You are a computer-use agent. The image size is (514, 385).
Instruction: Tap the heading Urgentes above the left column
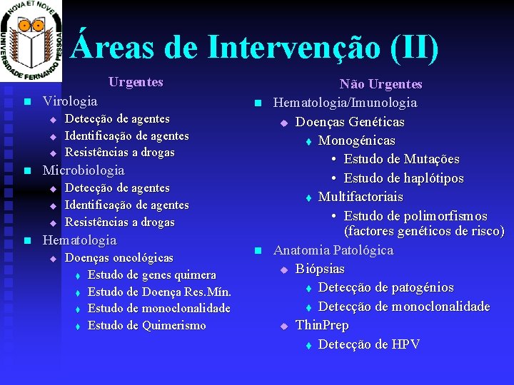tap(136, 82)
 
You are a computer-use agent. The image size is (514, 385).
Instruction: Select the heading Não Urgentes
tap(381, 84)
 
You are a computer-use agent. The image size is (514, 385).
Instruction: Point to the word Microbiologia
tap(84, 170)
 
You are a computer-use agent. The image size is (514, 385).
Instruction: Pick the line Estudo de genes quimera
tap(151, 274)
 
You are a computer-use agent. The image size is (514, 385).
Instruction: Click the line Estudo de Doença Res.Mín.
tap(159, 292)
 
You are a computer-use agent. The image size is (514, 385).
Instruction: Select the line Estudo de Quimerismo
tap(146, 326)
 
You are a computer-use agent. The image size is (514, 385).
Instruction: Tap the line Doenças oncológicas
tap(119, 257)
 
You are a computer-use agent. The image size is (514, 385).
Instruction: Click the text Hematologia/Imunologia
tap(345, 103)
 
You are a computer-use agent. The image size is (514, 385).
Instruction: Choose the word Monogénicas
tap(356, 140)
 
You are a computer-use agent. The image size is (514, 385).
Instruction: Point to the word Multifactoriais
tap(361, 197)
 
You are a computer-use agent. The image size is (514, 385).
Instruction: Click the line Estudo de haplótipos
tap(403, 178)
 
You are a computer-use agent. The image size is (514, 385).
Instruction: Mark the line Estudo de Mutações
tap(401, 159)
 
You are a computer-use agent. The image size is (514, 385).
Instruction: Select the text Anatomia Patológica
tap(333, 250)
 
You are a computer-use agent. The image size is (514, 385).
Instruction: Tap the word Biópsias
tap(320, 269)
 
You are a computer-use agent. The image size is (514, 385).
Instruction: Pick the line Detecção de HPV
tap(369, 344)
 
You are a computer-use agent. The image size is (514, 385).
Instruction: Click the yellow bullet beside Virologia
tap(26, 102)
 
